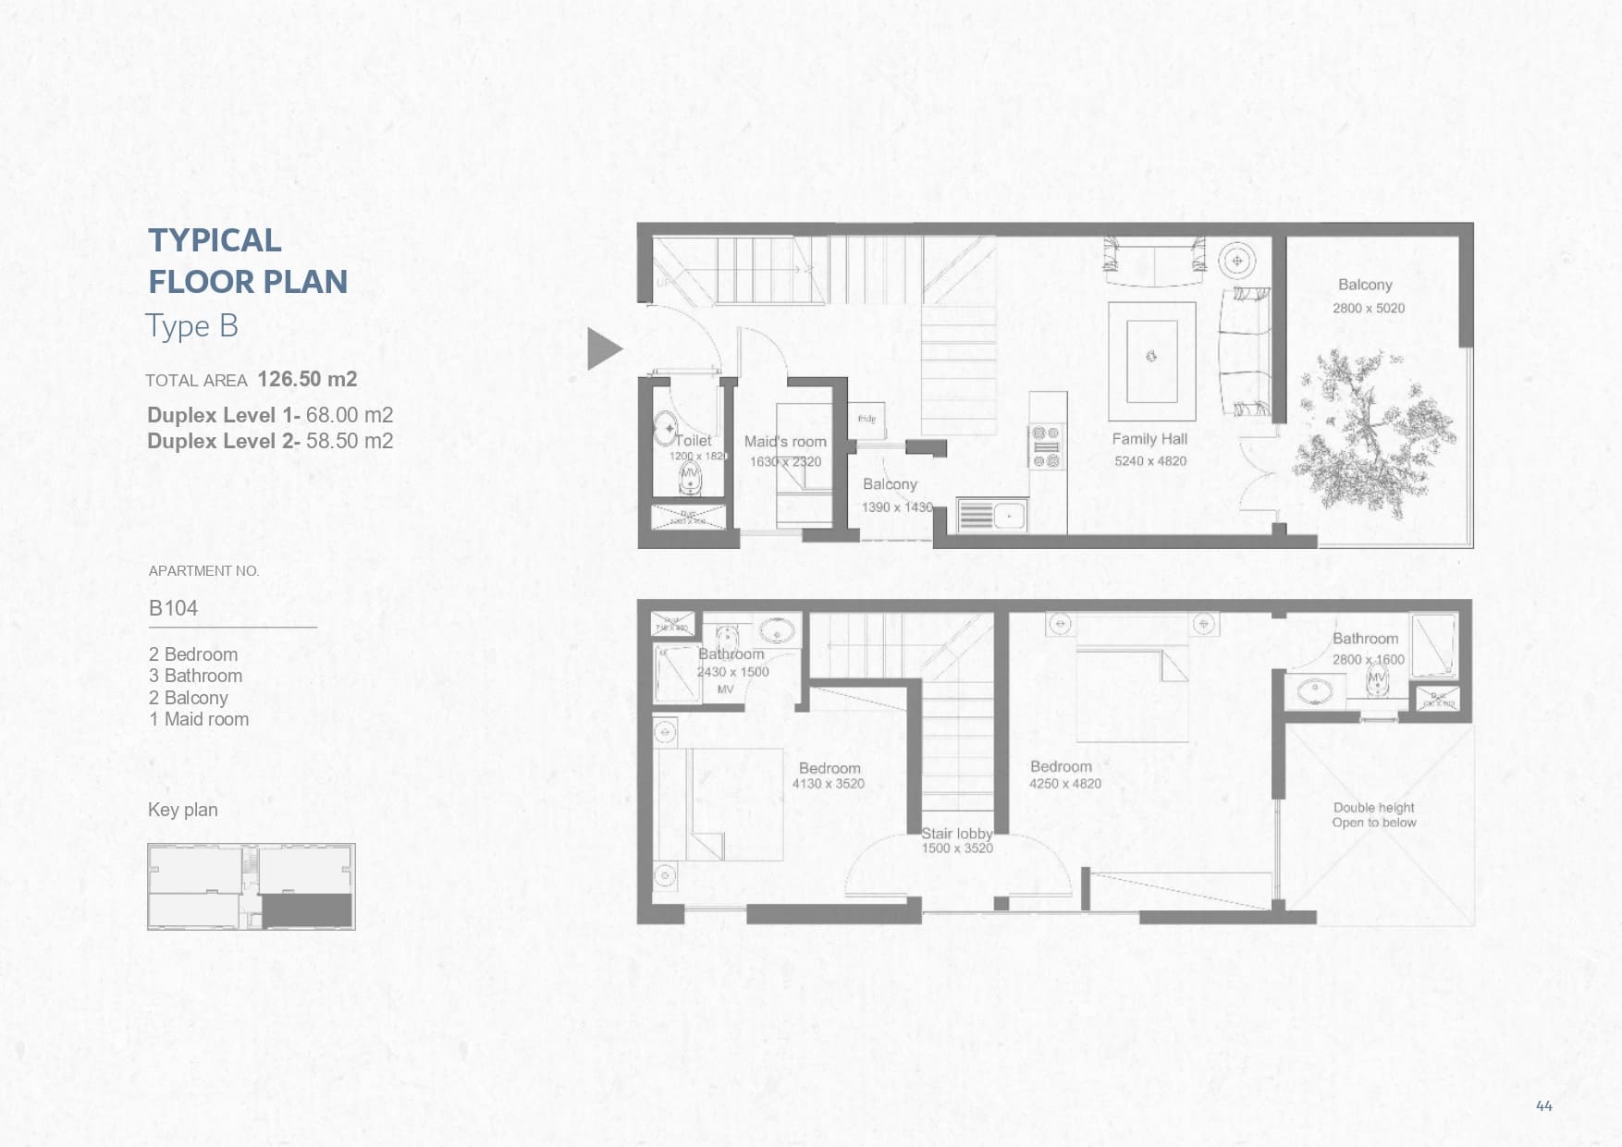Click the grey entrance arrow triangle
pos(603,349)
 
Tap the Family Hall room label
pos(1149,439)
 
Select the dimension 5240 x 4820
pos(1149,461)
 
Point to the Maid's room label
pos(785,442)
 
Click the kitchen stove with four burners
pos(1046,446)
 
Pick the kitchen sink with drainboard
pos(991,515)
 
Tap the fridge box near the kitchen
pos(868,421)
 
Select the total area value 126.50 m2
pos(307,379)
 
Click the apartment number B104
pos(173,608)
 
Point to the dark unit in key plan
pos(308,909)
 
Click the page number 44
pos(1543,1105)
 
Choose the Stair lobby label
pos(956,834)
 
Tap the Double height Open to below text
pos(1373,815)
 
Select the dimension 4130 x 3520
pos(828,784)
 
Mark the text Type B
pos(191,326)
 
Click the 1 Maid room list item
pos(199,719)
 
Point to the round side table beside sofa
pos(1236,261)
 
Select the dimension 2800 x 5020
pos(1368,309)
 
